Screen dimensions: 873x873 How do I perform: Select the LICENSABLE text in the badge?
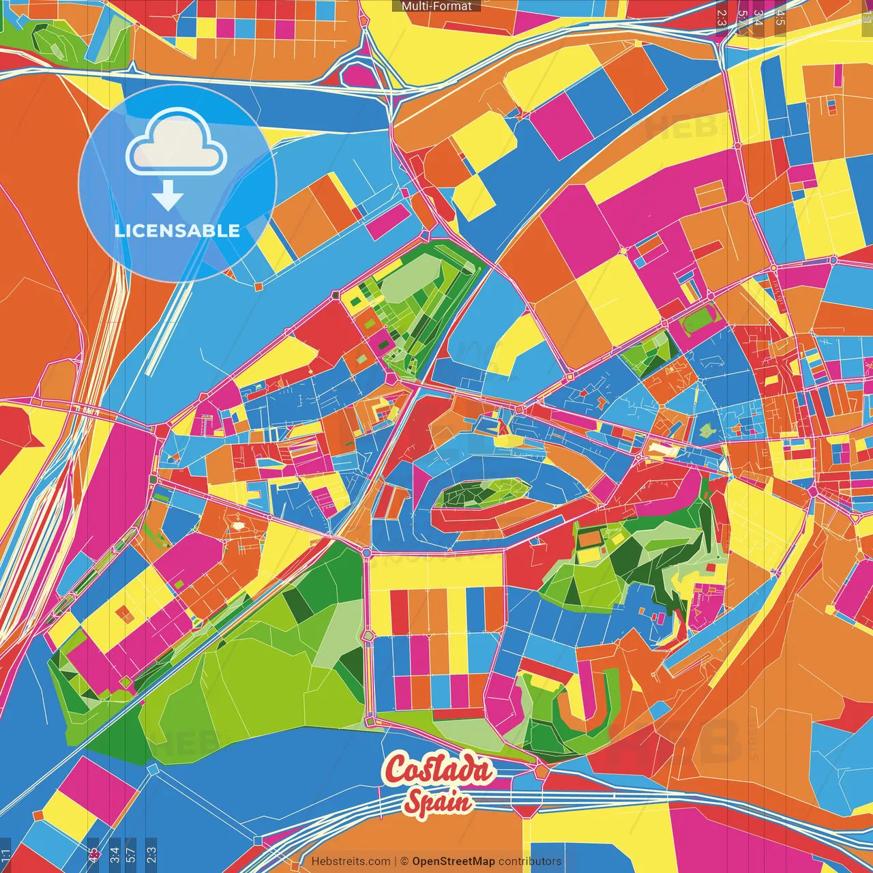click(x=177, y=231)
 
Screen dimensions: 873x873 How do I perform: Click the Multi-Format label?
click(x=436, y=6)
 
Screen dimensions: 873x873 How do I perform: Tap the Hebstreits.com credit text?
click(x=351, y=861)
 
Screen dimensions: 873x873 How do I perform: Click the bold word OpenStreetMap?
click(x=454, y=861)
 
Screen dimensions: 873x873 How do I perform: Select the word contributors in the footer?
click(x=530, y=861)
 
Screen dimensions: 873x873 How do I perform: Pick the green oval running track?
click(x=698, y=319)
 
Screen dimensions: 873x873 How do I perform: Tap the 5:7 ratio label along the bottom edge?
click(x=131, y=854)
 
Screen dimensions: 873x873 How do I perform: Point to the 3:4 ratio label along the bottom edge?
click(x=114, y=854)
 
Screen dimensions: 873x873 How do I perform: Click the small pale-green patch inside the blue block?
click(x=707, y=430)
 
